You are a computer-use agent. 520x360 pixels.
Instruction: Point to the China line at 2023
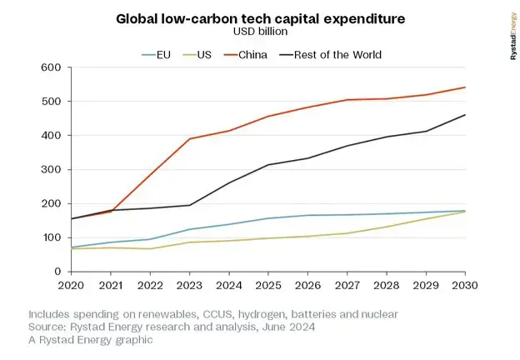pyautogui.click(x=189, y=138)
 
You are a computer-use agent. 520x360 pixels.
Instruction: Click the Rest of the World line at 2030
pyautogui.click(x=465, y=115)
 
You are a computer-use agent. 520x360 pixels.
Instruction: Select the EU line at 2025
pyautogui.click(x=268, y=218)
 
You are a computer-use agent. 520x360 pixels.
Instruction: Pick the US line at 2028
pyautogui.click(x=387, y=227)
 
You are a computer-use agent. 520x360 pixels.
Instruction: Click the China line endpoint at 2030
pyautogui.click(x=465, y=87)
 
